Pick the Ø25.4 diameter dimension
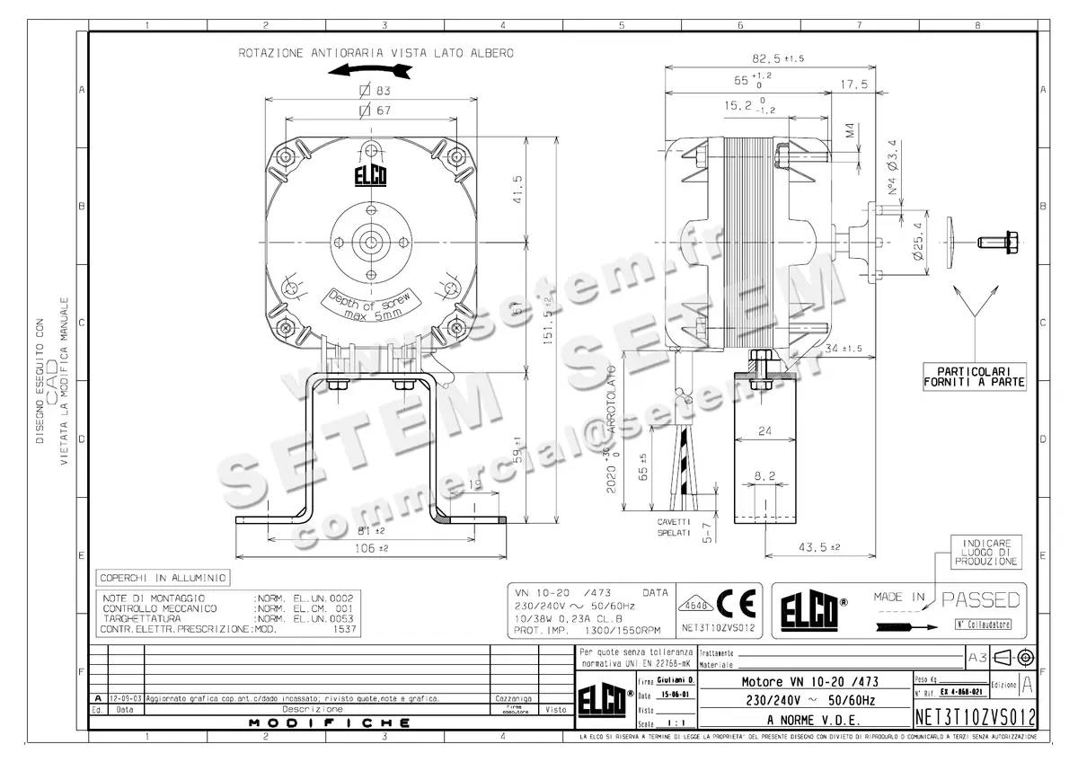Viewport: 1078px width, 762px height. click(x=917, y=241)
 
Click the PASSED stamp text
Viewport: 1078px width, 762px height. click(x=982, y=599)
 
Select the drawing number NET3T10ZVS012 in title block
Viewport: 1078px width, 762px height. click(x=975, y=717)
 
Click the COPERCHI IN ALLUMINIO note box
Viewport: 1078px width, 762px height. click(x=163, y=578)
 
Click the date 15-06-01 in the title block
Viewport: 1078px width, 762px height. click(x=667, y=695)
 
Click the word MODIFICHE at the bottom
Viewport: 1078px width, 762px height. click(x=330, y=722)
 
